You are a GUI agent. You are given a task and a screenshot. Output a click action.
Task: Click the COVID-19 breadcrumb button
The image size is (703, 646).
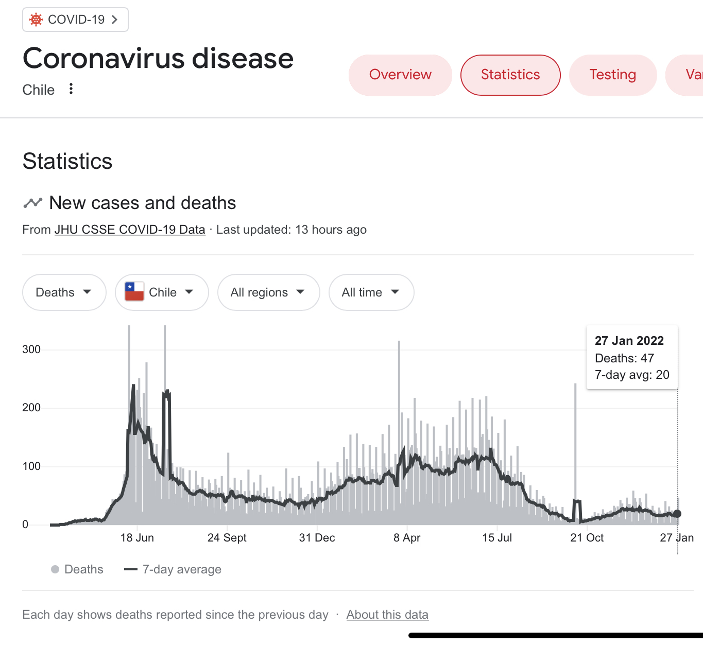tap(75, 20)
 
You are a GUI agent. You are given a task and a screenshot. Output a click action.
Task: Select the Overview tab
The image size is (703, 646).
tap(400, 75)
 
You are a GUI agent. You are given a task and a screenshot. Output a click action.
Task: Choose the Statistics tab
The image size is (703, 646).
tap(510, 75)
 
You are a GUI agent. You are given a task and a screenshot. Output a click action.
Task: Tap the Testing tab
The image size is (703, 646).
tap(612, 75)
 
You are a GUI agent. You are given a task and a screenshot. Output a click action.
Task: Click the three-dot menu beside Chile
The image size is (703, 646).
tap(71, 89)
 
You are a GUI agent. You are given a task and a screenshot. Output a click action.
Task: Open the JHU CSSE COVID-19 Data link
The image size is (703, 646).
tap(130, 230)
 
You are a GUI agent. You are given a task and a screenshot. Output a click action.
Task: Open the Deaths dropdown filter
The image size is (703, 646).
tap(64, 292)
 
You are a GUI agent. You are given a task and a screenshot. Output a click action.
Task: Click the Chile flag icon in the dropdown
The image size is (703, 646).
tap(134, 292)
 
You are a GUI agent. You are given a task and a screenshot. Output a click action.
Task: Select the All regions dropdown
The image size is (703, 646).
tap(268, 292)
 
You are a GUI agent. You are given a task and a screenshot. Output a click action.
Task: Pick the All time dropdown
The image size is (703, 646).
tap(371, 292)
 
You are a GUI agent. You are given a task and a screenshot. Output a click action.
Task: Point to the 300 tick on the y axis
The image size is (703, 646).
tap(31, 350)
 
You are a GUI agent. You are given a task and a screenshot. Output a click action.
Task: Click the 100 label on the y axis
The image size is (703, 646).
tap(31, 466)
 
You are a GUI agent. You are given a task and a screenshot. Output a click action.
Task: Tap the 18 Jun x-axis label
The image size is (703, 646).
tap(137, 538)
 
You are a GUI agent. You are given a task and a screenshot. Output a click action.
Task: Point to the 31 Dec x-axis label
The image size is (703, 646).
tap(317, 538)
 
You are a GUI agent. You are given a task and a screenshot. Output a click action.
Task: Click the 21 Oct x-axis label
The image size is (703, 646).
tap(587, 538)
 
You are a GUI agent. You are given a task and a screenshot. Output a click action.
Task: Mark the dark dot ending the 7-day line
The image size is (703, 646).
tap(677, 514)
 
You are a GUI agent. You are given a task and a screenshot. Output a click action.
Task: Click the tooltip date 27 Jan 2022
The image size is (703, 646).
tap(629, 341)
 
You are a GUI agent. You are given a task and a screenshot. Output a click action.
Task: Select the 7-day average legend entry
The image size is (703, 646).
tap(173, 569)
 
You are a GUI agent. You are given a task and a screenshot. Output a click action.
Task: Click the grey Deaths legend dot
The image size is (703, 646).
tap(55, 569)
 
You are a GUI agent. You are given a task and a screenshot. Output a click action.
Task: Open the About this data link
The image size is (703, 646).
tap(387, 615)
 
